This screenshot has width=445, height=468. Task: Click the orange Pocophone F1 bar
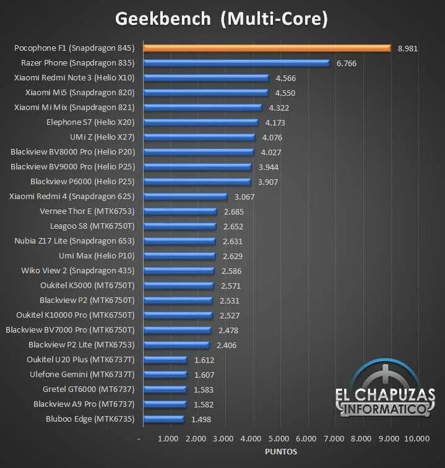267,48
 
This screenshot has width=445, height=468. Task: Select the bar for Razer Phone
236,63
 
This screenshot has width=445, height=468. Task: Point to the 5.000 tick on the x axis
279,438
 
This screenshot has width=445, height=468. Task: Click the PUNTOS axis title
280,451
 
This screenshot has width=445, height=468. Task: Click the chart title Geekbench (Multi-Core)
221,19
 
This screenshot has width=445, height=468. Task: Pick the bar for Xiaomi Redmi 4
185,197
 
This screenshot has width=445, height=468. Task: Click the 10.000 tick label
416,438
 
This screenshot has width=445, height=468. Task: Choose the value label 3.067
244,197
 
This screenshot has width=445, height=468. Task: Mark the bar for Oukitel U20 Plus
165,360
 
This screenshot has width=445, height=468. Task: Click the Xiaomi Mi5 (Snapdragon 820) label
80,93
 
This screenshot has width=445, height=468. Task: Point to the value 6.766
347,63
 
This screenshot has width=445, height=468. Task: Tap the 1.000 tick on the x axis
168,438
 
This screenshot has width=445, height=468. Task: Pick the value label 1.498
201,419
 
